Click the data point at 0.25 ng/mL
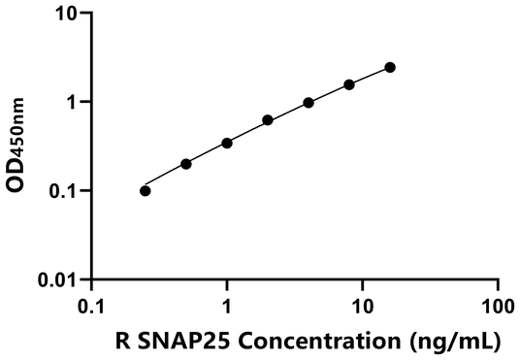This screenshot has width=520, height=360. click(x=146, y=190)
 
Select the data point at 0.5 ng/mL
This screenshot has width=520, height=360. click(x=186, y=164)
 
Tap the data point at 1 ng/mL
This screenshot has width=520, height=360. click(x=227, y=143)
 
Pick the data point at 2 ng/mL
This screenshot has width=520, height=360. click(x=268, y=120)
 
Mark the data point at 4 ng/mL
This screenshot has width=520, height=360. click(x=309, y=102)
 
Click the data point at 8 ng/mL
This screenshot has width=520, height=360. click(x=349, y=84)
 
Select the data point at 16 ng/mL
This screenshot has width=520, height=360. click(x=390, y=67)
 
